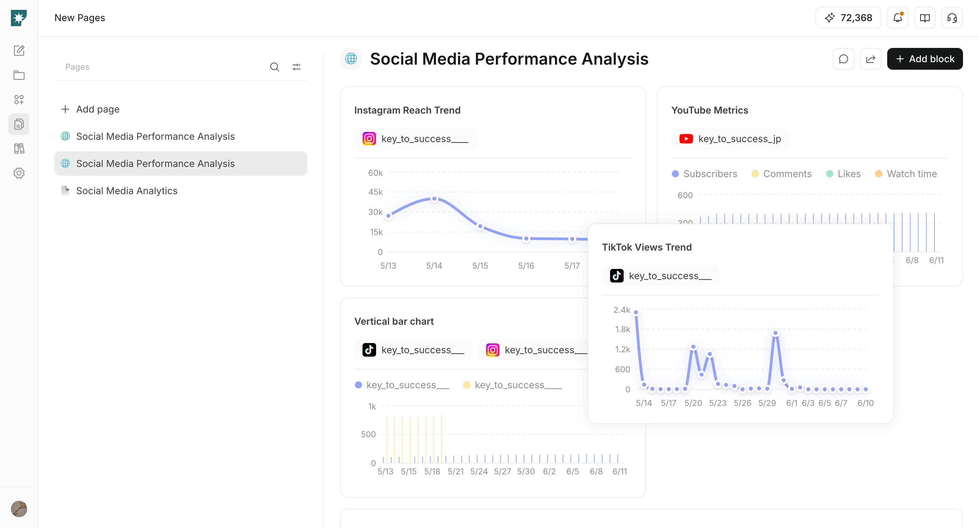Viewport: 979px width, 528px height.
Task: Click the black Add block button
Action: click(925, 59)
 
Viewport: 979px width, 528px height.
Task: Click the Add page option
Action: click(90, 109)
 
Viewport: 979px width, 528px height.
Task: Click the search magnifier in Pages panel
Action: click(274, 67)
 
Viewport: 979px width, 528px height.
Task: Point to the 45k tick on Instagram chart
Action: click(375, 192)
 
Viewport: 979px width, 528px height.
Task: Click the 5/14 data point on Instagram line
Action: click(434, 199)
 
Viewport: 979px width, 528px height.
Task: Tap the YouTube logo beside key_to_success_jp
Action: click(686, 139)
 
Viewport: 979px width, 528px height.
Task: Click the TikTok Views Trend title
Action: click(647, 247)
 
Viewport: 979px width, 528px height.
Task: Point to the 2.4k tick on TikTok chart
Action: click(622, 310)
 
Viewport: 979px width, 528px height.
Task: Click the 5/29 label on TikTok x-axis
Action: click(767, 403)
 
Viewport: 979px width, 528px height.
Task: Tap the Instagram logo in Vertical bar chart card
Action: click(492, 350)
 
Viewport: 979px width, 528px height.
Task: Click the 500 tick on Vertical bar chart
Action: click(368, 434)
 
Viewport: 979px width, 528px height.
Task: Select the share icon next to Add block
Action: click(871, 59)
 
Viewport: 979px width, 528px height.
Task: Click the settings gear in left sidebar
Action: click(19, 173)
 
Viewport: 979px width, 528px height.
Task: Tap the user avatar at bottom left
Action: click(19, 509)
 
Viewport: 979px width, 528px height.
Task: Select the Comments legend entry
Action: click(781, 174)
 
